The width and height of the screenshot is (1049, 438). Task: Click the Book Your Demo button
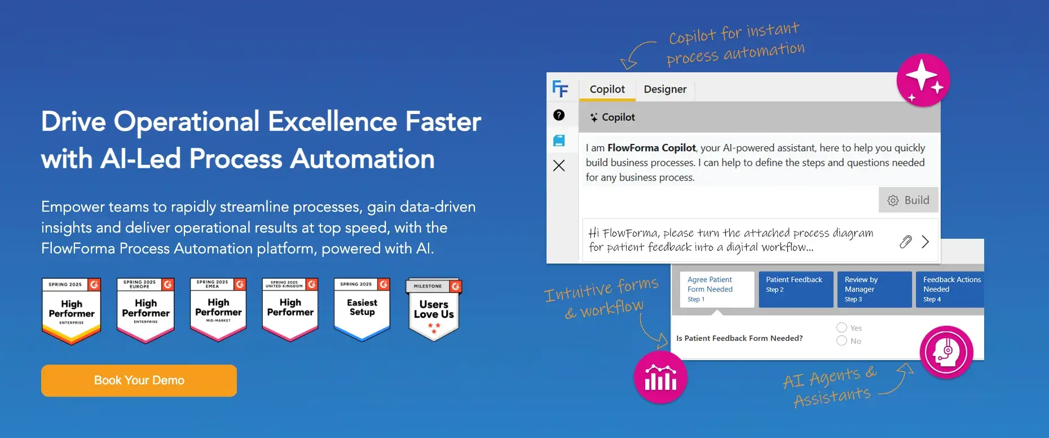[x=139, y=380]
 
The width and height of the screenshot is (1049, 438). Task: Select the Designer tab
[x=665, y=89]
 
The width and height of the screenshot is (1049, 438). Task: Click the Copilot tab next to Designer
[x=607, y=89]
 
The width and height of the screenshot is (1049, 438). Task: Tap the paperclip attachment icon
[x=905, y=242]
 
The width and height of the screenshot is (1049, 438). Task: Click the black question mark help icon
[x=559, y=115]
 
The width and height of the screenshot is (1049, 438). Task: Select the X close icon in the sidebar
[x=559, y=165]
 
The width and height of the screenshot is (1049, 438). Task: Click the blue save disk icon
[x=559, y=141]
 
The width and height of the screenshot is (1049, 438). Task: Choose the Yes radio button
[x=842, y=327]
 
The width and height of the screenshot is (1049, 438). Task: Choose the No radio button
[x=842, y=340]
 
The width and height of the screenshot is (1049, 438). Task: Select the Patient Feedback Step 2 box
[x=795, y=290]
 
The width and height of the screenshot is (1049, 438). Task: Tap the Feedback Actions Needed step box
[x=950, y=290]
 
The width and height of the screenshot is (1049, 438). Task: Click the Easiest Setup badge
[x=362, y=309]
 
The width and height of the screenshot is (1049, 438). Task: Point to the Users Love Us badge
[x=434, y=309]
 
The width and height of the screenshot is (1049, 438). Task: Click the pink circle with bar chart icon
[x=660, y=378]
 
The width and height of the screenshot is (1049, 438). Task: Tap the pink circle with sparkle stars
[x=923, y=80]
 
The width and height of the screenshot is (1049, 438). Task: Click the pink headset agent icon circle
[x=946, y=352]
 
